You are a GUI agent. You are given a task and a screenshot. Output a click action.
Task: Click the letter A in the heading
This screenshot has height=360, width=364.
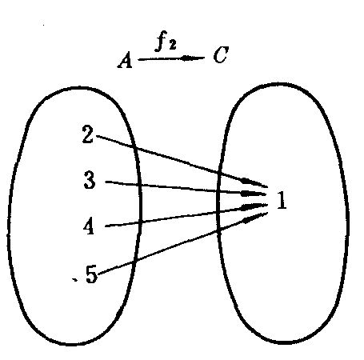pos(125,60)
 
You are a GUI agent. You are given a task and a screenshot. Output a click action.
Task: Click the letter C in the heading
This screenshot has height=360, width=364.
pos(221,55)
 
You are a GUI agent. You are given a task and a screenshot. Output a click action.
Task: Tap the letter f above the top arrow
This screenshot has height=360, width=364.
pos(161,41)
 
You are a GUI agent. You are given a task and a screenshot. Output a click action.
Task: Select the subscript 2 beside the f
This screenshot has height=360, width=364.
pos(172,45)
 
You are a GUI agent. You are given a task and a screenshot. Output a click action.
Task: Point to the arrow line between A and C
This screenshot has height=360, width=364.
pos(171,58)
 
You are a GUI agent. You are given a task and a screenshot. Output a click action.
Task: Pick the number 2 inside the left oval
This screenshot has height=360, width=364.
pos(88,134)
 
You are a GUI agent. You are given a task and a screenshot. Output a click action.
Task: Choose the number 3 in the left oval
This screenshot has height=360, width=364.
pos(90,180)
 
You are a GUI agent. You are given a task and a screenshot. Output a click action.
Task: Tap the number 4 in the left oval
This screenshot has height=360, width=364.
pos(89,226)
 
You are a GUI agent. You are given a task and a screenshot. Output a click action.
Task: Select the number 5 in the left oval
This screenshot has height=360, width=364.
pos(91,274)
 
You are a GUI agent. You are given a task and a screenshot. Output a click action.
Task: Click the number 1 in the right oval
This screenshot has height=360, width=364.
pos(282,200)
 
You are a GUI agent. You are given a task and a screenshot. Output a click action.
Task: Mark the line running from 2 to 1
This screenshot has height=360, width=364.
pos(182,161)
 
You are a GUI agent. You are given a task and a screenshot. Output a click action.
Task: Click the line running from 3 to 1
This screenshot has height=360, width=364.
pos(186,188)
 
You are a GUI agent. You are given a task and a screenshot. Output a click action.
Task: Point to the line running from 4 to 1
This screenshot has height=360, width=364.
pos(186,215)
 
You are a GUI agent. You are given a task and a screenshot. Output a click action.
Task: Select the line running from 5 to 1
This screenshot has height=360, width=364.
pos(183,243)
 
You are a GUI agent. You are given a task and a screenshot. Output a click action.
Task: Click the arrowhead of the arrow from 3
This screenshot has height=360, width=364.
pos(253,194)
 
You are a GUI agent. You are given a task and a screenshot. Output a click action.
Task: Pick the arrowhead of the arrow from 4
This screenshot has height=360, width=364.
pos(254,206)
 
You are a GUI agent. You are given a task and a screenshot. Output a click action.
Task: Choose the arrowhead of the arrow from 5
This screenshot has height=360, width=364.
pos(255,218)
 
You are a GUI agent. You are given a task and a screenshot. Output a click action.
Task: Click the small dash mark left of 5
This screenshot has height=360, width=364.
pos(75,279)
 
